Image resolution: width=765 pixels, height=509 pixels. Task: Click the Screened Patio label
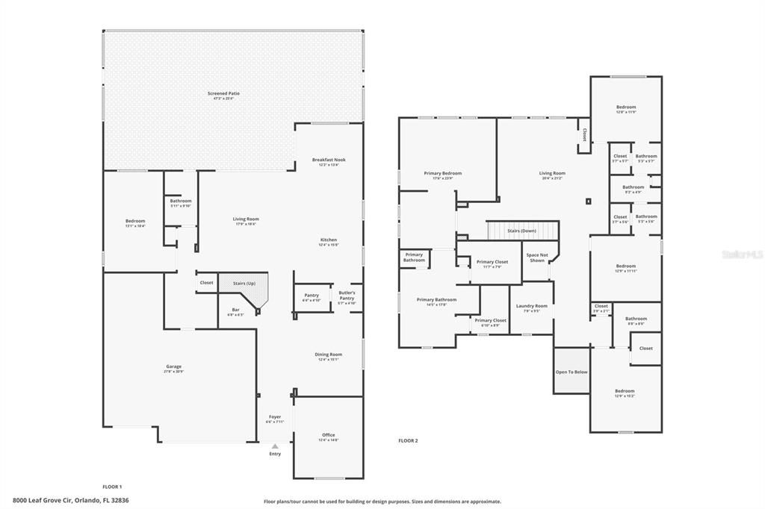223,94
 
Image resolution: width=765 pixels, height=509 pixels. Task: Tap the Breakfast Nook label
329,160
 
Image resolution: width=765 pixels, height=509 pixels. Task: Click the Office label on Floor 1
329,436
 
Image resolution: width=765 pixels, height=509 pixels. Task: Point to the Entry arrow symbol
275,446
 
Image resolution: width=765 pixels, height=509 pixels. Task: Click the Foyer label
275,418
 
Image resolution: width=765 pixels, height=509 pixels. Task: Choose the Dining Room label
329,355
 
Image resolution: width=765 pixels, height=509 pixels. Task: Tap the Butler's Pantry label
347,295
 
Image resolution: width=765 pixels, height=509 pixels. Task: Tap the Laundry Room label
532,307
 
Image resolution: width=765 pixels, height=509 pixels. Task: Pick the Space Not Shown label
536,257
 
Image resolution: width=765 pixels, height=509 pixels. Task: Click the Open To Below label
571,372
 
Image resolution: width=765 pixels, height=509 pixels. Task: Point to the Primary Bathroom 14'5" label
436,301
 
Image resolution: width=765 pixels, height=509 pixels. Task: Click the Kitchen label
329,241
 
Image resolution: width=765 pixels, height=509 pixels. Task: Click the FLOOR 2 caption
408,441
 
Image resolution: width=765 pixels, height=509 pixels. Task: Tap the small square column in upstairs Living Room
589,201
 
